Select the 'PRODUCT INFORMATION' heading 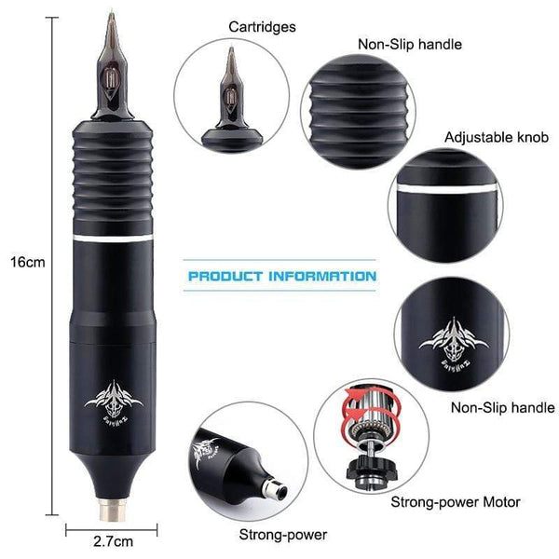282,277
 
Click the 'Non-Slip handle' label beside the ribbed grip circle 409,43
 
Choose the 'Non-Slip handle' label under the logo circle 502,407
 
